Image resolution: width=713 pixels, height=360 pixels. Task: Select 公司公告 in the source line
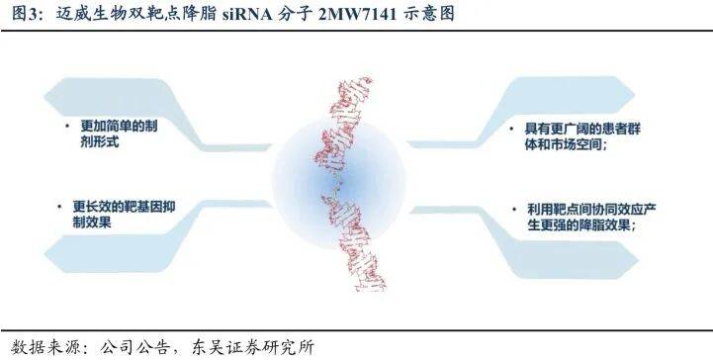tap(132, 345)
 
